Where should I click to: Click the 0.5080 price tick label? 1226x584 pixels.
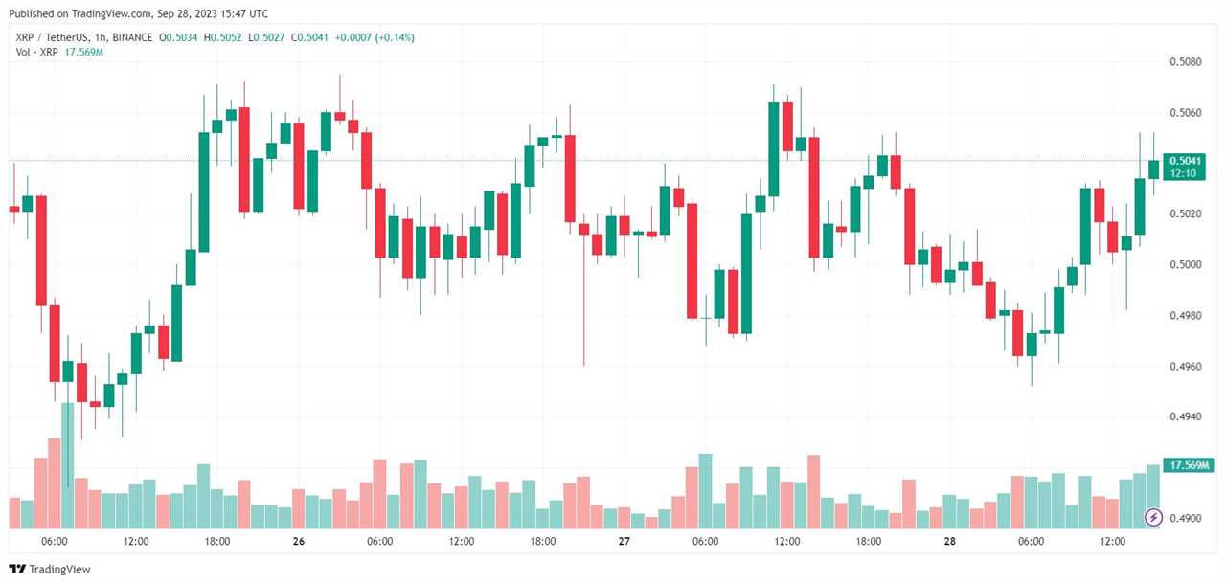(x=1186, y=61)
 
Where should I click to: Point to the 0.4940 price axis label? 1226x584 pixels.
(x=1186, y=416)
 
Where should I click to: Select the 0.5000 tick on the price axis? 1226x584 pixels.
(x=1186, y=264)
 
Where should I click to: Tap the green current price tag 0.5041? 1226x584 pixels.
(x=1185, y=161)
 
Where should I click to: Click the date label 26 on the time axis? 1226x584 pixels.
(x=299, y=542)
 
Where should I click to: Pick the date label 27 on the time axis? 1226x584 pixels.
(x=624, y=542)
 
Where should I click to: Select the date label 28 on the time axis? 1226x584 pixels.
(x=949, y=542)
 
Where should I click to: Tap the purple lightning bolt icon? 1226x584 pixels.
(x=1153, y=518)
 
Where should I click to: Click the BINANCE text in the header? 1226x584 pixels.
(x=131, y=37)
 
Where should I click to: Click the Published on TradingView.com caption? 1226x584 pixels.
(x=138, y=13)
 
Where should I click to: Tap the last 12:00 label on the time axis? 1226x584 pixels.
(x=1112, y=542)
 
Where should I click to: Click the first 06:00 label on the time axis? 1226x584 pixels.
(x=55, y=542)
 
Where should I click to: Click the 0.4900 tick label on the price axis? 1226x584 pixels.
(x=1186, y=518)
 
